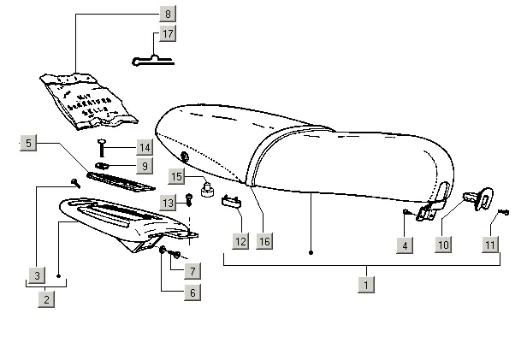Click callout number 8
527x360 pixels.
click(x=168, y=14)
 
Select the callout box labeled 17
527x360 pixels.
click(x=168, y=34)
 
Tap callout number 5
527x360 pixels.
click(x=29, y=144)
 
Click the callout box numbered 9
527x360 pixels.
click(x=145, y=165)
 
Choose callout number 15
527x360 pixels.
click(x=175, y=176)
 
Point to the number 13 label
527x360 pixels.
click(x=169, y=202)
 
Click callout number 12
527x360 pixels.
click(x=240, y=241)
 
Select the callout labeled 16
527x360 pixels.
click(x=264, y=241)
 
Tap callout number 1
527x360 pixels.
click(x=367, y=284)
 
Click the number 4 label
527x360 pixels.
click(x=405, y=245)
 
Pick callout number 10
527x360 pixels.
click(x=442, y=245)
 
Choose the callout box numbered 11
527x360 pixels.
click(x=489, y=245)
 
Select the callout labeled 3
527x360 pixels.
click(x=37, y=275)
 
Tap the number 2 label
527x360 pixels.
click(x=47, y=299)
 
